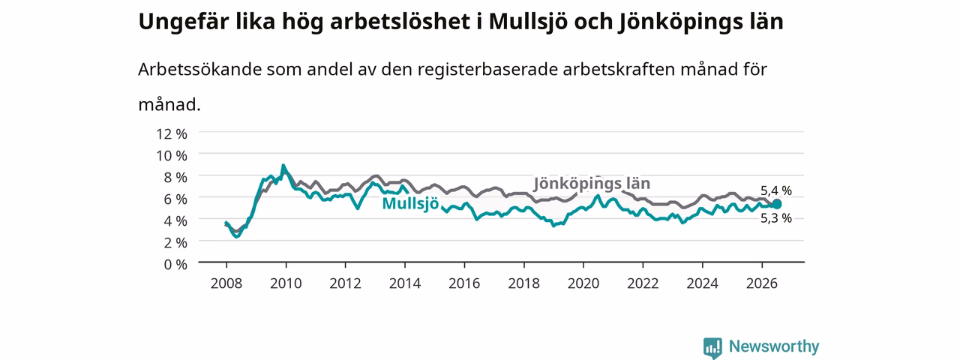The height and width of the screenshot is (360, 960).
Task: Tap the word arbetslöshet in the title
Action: pyautogui.click(x=400, y=22)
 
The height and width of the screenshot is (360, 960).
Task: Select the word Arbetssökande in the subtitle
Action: pyautogui.click(x=199, y=69)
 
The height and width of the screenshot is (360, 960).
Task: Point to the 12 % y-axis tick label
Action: pyautogui.click(x=172, y=133)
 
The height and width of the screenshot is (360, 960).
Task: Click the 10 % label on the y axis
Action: pyautogui.click(x=172, y=155)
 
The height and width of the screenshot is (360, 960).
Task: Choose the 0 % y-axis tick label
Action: pyautogui.click(x=175, y=265)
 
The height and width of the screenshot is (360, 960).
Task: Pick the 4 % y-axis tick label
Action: pyautogui.click(x=175, y=220)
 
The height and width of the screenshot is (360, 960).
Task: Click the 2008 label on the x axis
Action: pyautogui.click(x=226, y=283)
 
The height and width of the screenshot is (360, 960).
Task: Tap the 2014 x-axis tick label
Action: pyautogui.click(x=405, y=283)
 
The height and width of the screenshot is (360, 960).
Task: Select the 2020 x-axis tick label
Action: pyautogui.click(x=583, y=283)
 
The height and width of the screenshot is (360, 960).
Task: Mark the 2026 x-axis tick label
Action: pyautogui.click(x=762, y=283)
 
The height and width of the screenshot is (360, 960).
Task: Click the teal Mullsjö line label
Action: pyautogui.click(x=410, y=203)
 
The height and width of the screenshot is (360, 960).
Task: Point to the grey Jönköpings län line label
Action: pyautogui.click(x=592, y=184)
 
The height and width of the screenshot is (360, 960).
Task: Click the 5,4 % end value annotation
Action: pyautogui.click(x=776, y=190)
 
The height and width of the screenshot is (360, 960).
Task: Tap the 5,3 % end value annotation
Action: pyautogui.click(x=776, y=218)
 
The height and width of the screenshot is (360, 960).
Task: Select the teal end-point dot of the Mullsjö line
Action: pyautogui.click(x=776, y=205)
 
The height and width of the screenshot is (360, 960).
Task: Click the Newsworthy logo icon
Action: pyautogui.click(x=712, y=347)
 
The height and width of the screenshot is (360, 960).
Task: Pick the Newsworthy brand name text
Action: pyautogui.click(x=774, y=346)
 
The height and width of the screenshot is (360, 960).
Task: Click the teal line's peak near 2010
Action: pyautogui.click(x=283, y=165)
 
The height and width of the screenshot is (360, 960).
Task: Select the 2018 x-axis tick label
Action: pyautogui.click(x=523, y=283)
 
